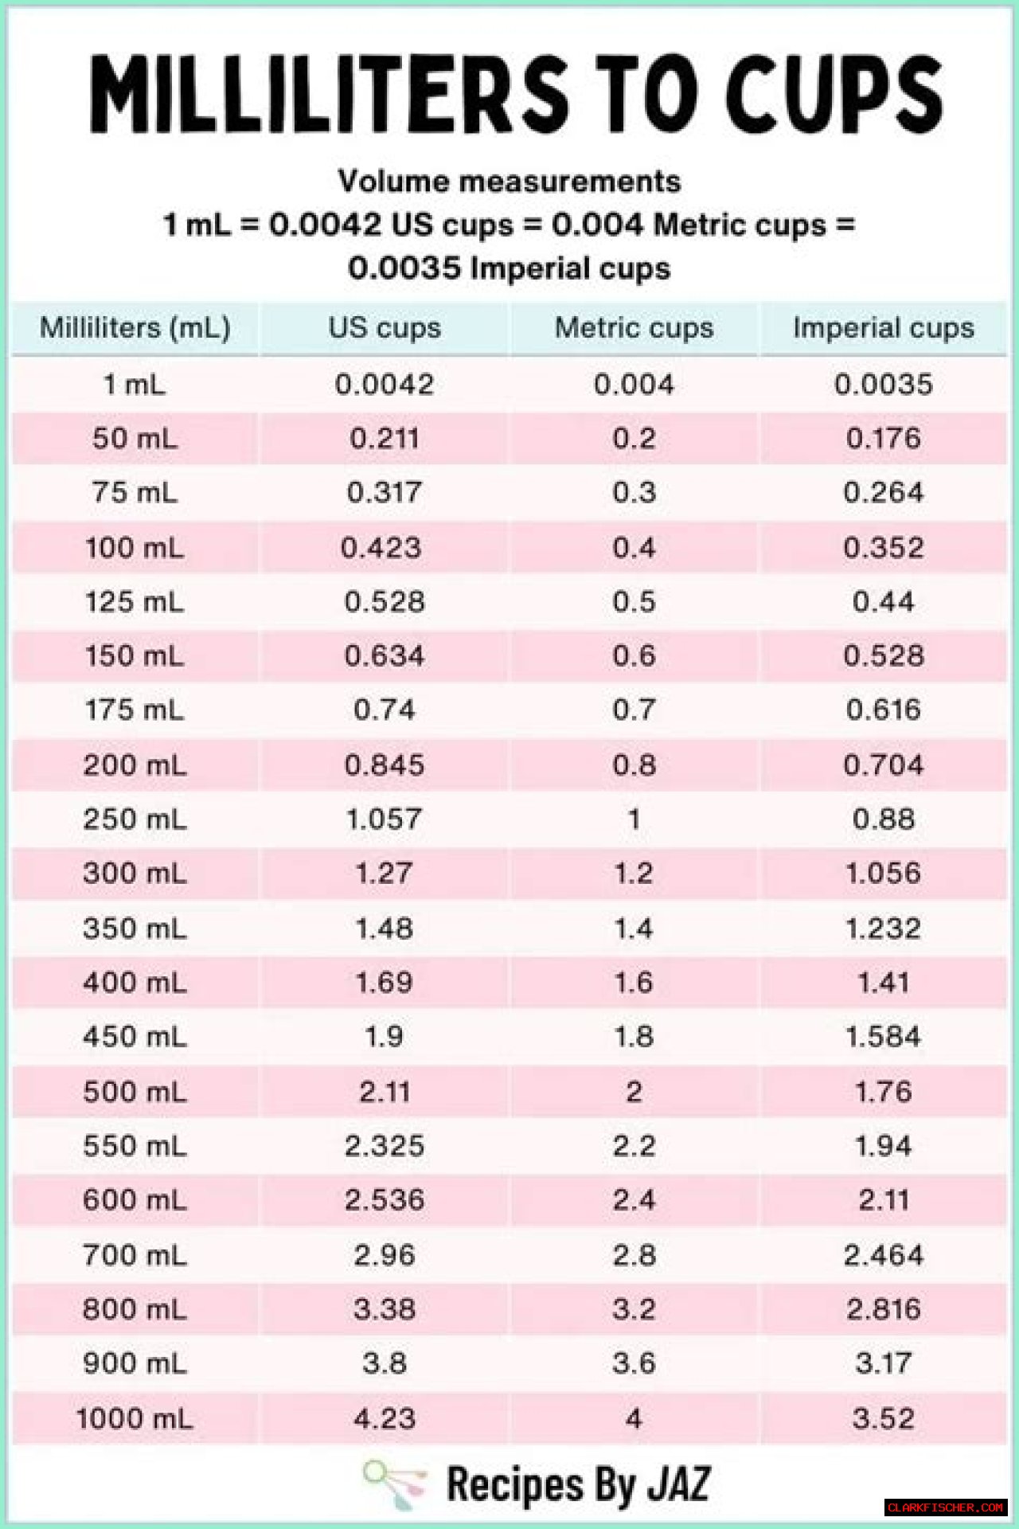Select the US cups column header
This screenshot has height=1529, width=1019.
pos(385,328)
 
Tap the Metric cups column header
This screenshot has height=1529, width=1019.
pos(634,328)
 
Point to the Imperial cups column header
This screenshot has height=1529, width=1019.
pos(883,328)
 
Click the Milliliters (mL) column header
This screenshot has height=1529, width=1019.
pos(135,328)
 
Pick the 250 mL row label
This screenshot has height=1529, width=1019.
pos(135,819)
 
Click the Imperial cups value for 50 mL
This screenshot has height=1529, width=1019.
pos(883,439)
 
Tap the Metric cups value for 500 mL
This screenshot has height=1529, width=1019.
pos(634,1092)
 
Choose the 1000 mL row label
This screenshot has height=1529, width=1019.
pos(135,1418)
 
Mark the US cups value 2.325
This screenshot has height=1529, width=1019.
pos(385,1146)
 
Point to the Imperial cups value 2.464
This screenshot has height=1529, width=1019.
pos(883,1256)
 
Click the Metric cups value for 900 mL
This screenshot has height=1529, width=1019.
pos(634,1363)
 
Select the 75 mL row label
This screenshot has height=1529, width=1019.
pos(135,492)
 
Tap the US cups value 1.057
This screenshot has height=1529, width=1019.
pos(384,819)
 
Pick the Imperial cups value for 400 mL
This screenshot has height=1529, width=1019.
pos(883,983)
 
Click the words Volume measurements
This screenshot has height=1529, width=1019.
pos(509,182)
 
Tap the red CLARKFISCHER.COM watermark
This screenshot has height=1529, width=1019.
pos(945,1507)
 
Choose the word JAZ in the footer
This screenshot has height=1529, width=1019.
pos(678,1484)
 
